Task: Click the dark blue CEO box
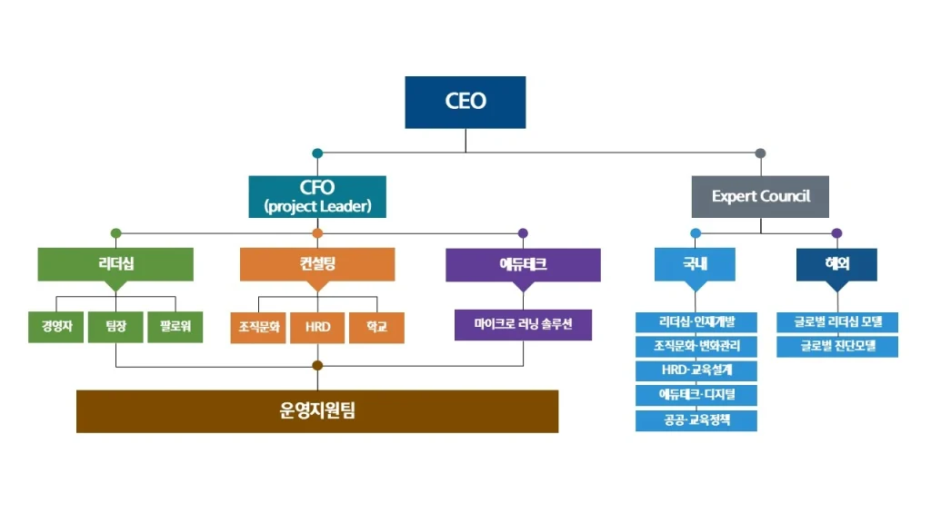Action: [465, 102]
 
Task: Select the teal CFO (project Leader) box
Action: [317, 196]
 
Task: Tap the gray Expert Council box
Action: [760, 196]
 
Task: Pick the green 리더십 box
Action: [115, 264]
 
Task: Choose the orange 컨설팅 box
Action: [317, 264]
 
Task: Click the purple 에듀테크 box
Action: [523, 264]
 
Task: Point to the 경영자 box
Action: [56, 327]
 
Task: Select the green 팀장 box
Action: [115, 327]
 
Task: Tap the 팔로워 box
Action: [175, 327]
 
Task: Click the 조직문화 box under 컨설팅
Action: [258, 327]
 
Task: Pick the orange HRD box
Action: [317, 327]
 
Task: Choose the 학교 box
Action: [376, 327]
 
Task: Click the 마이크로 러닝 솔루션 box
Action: [523, 325]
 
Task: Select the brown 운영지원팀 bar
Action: [317, 410]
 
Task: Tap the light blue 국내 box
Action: [696, 264]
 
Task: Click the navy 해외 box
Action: [836, 264]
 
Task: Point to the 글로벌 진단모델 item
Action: [837, 346]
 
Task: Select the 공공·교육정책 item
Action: [696, 420]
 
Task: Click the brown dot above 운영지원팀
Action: [317, 366]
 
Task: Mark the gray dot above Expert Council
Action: [760, 153]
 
